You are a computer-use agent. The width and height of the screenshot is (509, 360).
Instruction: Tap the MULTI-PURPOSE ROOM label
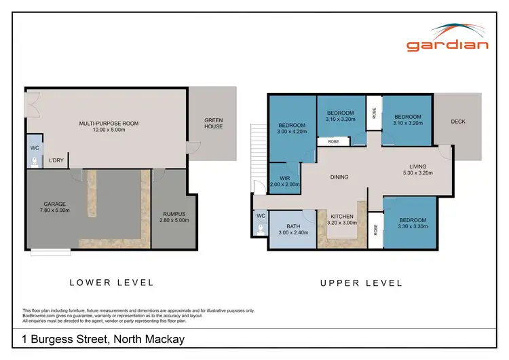[109, 126]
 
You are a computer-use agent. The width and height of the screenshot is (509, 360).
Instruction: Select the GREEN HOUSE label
[213, 123]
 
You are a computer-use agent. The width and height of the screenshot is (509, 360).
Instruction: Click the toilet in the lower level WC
[35, 162]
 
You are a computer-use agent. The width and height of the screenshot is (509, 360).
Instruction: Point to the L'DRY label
[56, 162]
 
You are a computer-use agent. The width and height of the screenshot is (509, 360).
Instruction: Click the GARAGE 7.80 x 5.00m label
[56, 206]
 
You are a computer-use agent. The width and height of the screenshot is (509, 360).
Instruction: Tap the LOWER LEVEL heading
[112, 283]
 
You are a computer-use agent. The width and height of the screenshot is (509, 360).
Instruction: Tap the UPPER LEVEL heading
[361, 283]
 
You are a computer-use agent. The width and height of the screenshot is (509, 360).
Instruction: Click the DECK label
[458, 122]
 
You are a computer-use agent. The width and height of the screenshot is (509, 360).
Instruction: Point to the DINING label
[339, 177]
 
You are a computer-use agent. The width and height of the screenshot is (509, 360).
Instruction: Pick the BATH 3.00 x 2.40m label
[293, 229]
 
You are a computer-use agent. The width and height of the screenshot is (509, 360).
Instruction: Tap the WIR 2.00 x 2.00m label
[284, 181]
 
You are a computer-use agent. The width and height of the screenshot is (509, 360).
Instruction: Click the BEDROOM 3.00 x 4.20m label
[293, 128]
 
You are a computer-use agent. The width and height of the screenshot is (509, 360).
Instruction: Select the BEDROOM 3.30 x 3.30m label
[412, 223]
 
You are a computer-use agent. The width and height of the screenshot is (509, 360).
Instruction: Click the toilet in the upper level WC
[261, 230]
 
